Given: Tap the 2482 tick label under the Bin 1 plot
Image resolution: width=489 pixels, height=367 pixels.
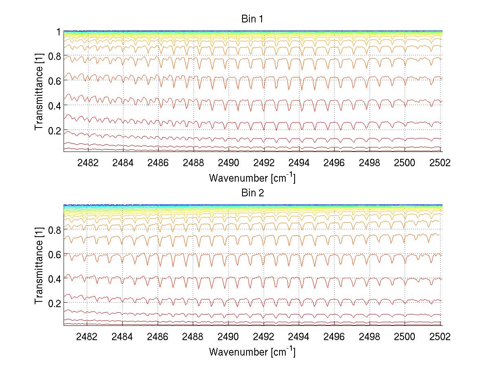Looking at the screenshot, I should [87, 163].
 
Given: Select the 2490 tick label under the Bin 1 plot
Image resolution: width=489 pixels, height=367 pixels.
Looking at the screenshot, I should [229, 163].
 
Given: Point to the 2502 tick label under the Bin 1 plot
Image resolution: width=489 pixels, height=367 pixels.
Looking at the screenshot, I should [440, 163].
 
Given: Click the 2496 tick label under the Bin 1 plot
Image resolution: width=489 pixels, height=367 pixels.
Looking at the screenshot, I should [335, 163].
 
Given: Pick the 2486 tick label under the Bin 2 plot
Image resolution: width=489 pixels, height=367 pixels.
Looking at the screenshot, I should [158, 336].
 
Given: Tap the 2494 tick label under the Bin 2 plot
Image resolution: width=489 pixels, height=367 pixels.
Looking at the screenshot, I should [299, 336].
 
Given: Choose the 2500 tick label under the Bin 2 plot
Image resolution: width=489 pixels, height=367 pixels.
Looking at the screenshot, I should [405, 336].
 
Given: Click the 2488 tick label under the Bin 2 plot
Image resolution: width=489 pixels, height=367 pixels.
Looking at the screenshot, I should [193, 336].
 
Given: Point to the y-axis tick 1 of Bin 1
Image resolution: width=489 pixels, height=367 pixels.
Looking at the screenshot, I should [59, 31].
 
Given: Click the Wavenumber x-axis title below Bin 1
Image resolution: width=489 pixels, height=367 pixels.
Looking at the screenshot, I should [252, 178].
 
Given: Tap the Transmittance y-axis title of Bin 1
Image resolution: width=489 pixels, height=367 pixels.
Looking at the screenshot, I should [39, 91].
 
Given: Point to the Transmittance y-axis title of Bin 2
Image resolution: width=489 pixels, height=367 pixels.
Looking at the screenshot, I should [39, 265].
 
